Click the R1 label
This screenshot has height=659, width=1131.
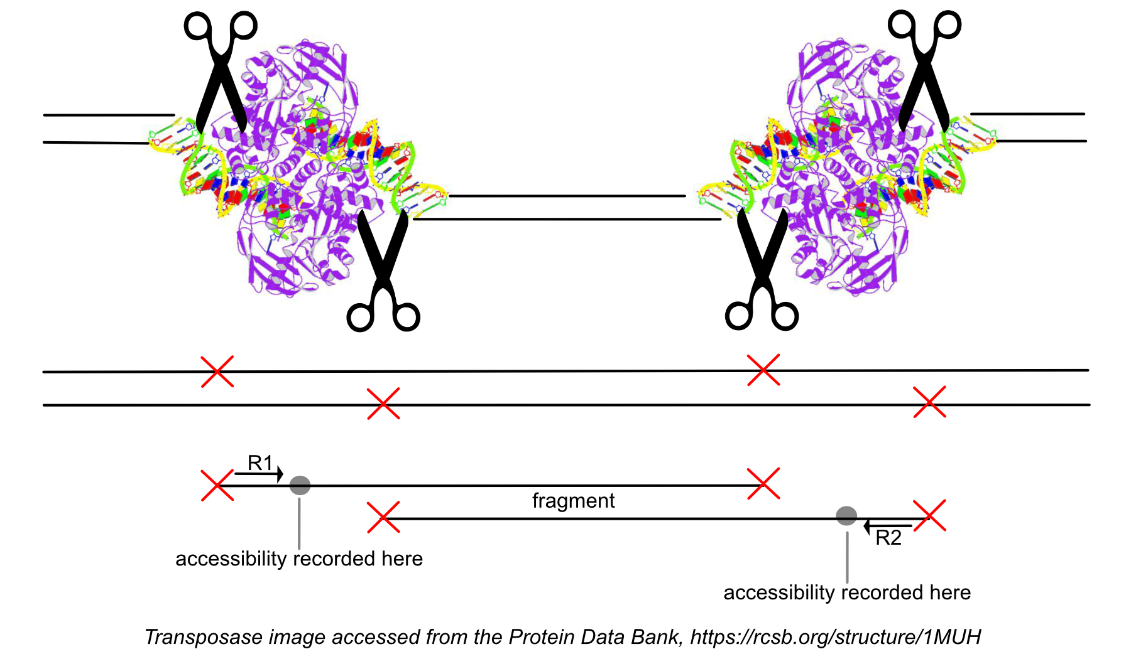(x=260, y=463)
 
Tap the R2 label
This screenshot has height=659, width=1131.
(x=888, y=538)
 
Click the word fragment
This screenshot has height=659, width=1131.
(x=573, y=501)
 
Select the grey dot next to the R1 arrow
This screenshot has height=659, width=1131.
(x=300, y=485)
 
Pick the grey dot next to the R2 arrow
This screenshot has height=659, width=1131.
(x=846, y=516)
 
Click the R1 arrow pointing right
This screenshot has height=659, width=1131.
(x=259, y=474)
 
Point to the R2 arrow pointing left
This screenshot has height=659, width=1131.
(x=887, y=526)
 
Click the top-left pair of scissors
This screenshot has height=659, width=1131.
(x=220, y=69)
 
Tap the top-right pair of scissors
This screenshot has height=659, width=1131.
(x=924, y=69)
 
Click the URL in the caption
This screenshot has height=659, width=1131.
(x=835, y=637)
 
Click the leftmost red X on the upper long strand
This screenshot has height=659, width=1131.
(x=217, y=372)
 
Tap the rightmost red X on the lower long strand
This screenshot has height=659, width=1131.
(x=929, y=402)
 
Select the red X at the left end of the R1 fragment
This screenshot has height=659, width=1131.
(x=217, y=485)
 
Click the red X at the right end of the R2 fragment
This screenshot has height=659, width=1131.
(x=929, y=516)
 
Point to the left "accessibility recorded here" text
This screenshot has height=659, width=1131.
(x=299, y=559)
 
